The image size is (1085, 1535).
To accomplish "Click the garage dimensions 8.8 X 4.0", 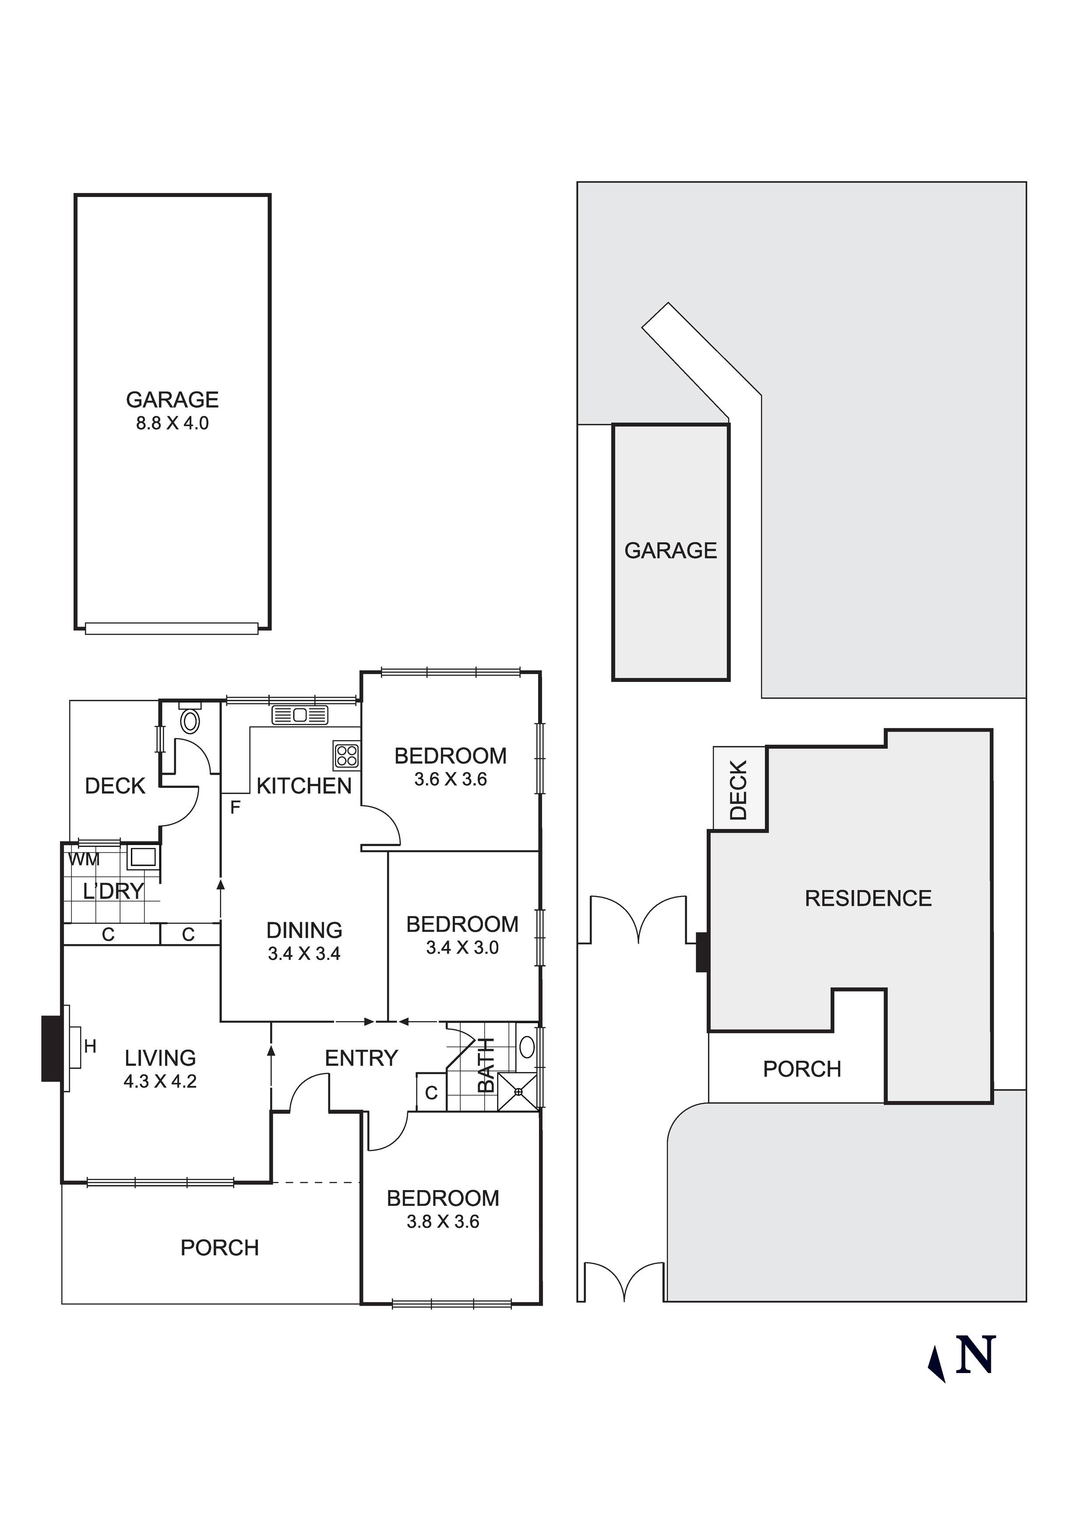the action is pos(173,423).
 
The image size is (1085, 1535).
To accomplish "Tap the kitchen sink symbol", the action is pos(299,715).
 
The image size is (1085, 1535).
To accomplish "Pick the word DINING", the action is pos(304,930).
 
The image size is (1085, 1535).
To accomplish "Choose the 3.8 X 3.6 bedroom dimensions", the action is pos(443,1222).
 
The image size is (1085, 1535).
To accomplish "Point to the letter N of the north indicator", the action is pos(976,1355).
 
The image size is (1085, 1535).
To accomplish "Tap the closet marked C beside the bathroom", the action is pos(431,1092).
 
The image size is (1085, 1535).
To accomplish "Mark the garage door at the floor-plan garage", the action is pos(172,629).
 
